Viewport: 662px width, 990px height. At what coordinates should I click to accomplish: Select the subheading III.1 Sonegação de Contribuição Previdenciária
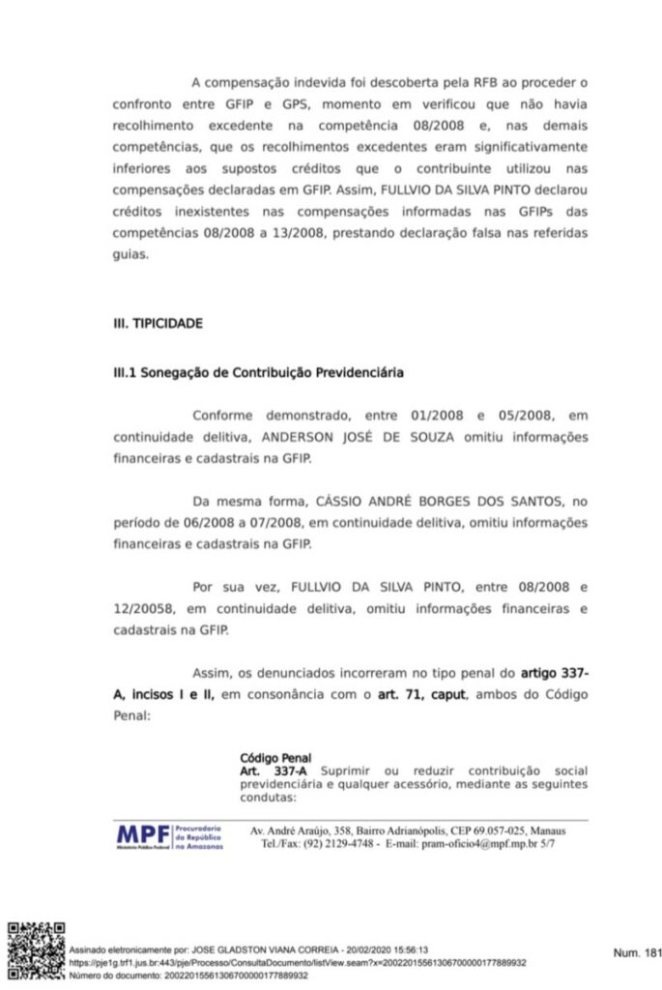point(258,372)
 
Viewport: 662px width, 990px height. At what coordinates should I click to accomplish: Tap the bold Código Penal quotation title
point(275,758)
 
